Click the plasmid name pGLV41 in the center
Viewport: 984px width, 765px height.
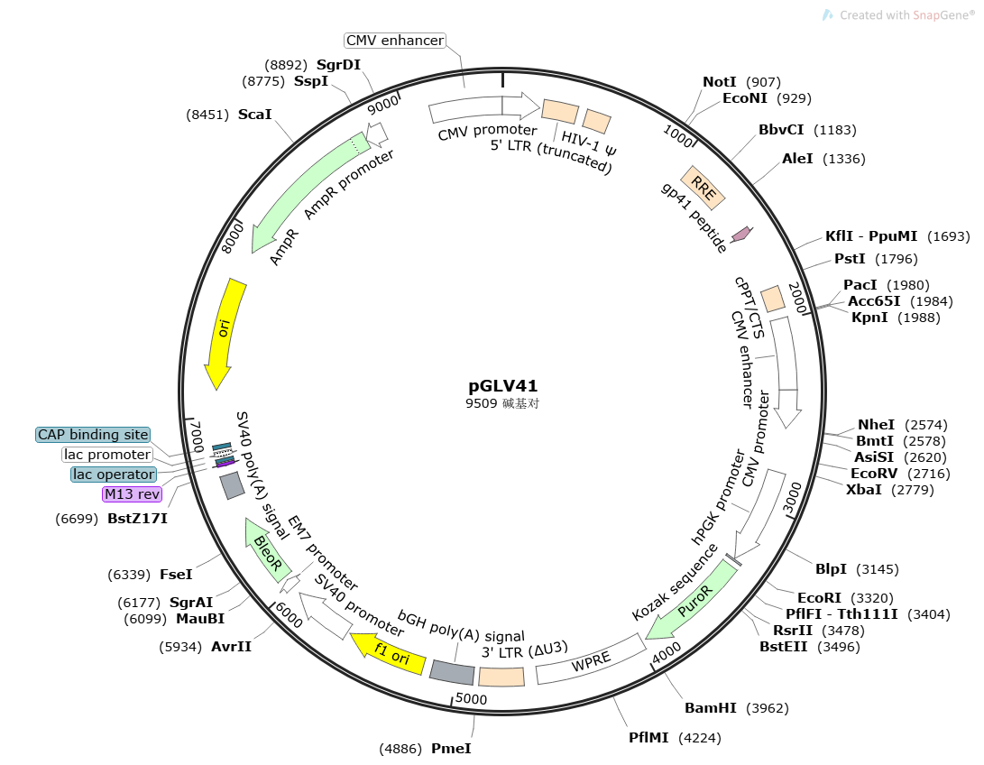tap(503, 386)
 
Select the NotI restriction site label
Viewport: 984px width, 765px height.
tap(720, 82)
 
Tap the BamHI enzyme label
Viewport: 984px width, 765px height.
tap(711, 708)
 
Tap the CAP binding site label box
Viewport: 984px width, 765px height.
tap(93, 435)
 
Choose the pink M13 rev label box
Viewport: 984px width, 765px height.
tap(132, 494)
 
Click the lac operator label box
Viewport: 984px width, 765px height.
tap(114, 475)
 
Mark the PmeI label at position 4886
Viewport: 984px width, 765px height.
tap(451, 748)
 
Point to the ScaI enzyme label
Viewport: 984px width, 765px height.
tap(254, 115)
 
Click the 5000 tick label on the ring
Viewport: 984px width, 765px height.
tap(471, 698)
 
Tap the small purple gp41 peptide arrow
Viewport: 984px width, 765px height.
tap(741, 235)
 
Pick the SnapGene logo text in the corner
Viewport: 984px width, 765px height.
tap(906, 14)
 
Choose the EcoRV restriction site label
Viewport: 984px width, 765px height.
tap(873, 472)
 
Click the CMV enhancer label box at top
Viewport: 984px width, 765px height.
tap(395, 41)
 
